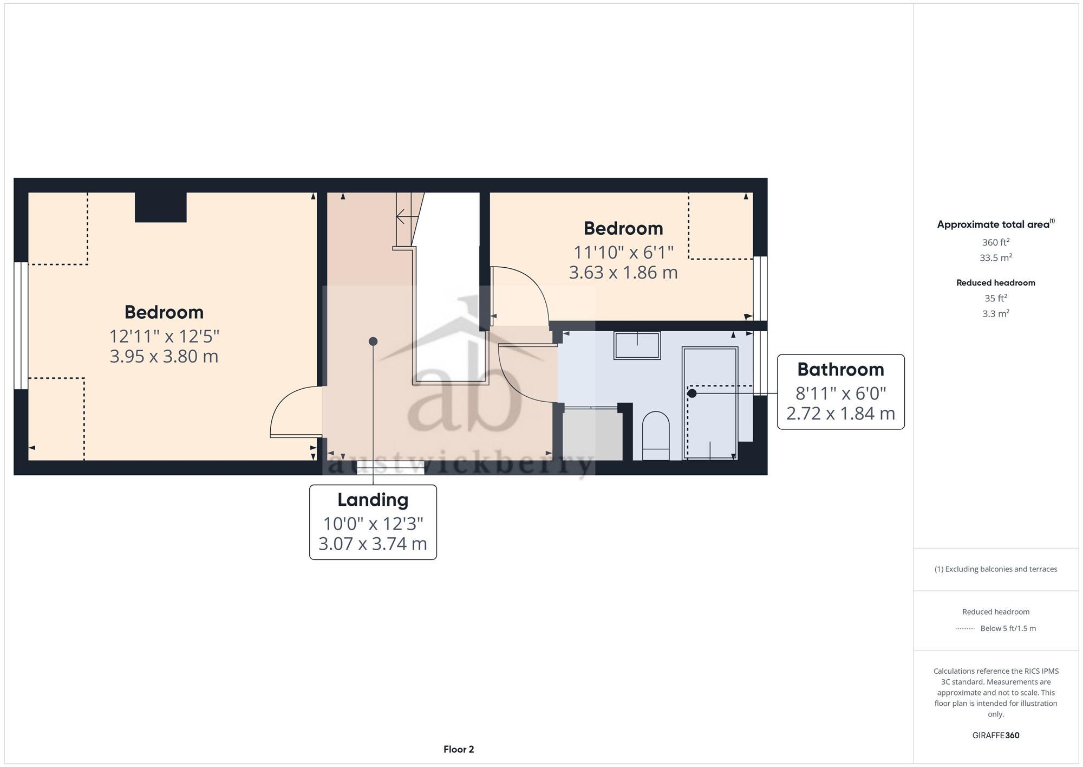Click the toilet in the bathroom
[655, 435]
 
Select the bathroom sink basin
[637, 345]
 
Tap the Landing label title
[373, 500]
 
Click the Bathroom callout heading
[840, 370]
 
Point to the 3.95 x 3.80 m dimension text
[164, 357]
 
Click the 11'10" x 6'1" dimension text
[623, 253]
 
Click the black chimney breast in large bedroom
[160, 207]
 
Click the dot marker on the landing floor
[373, 341]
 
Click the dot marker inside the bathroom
[692, 394]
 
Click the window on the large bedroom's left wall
[21, 325]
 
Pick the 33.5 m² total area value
[995, 258]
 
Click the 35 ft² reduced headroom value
[995, 298]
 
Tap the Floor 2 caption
[459, 750]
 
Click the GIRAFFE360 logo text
[995, 736]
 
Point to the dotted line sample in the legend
[965, 629]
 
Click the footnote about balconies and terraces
[995, 569]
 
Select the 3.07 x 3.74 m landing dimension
[373, 544]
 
